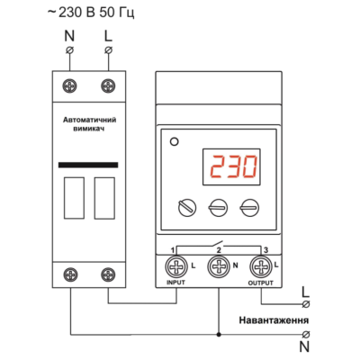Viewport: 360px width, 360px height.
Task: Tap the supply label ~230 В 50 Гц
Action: coord(91,13)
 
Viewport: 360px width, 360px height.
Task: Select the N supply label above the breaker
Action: coord(69,36)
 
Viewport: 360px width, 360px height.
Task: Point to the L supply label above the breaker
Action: coord(108,36)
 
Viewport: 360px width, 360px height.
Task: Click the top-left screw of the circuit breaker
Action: coord(70,86)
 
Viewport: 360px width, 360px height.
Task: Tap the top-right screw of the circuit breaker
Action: coord(108,86)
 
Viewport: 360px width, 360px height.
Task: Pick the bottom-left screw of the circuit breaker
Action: coord(70,274)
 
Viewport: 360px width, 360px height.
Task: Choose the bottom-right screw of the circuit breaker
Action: coord(108,274)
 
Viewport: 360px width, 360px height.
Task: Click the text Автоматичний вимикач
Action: coord(89,124)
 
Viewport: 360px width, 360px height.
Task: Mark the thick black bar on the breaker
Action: coord(88,165)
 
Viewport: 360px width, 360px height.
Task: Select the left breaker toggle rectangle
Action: coord(74,198)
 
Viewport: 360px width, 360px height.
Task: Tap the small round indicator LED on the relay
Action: coord(174,141)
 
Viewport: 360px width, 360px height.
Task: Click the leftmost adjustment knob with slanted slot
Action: coord(187,208)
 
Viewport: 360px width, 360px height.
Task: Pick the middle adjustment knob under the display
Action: coord(218,208)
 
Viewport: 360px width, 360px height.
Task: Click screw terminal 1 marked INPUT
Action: coord(176,266)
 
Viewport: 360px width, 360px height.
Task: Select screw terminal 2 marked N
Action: coord(219,266)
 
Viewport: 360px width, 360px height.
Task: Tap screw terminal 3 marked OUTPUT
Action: coord(261,266)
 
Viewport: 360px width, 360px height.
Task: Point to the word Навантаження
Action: coord(274,320)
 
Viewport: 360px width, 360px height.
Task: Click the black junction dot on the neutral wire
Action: coord(219,334)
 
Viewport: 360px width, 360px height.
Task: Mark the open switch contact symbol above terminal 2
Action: coord(219,243)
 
